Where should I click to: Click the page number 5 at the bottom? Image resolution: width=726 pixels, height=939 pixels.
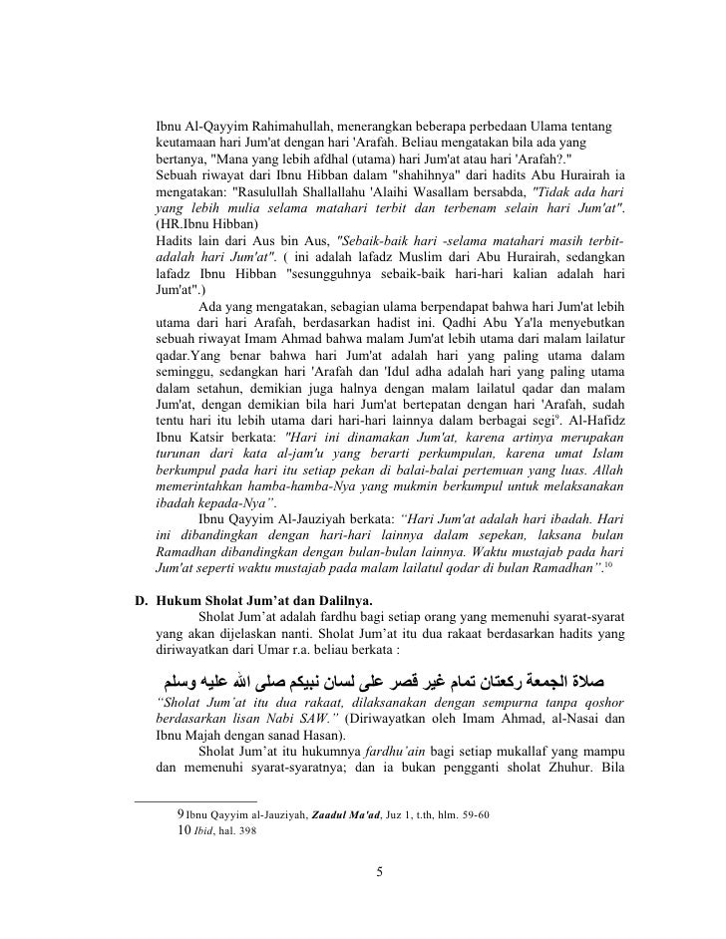coord(379,874)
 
